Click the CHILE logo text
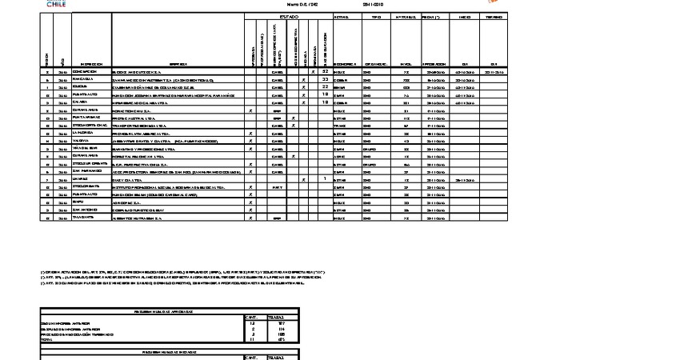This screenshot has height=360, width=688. coord(57,5)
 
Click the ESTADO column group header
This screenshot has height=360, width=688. coord(289,16)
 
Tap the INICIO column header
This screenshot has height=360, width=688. coord(464,16)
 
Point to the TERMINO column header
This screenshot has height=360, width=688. coord(494,16)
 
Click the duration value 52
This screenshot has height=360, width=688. coord(326,71)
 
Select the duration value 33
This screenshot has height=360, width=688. coord(326,79)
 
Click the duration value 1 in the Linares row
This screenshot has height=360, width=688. coord(326,178)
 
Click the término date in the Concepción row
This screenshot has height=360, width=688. coord(494,72)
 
